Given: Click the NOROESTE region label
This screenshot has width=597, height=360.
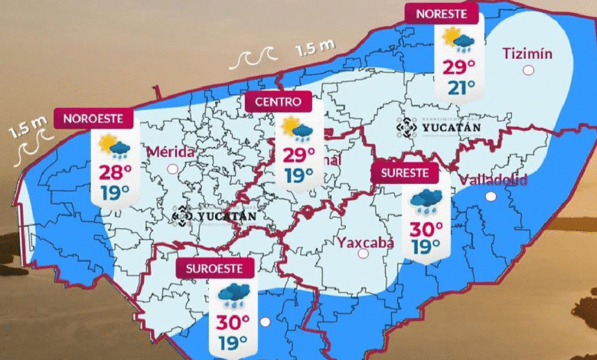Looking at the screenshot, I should [94, 119].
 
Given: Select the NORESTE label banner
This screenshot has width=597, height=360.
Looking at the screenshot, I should [442, 13].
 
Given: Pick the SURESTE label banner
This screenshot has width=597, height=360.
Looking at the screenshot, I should [405, 174].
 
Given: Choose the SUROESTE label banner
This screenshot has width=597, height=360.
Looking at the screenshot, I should [214, 268].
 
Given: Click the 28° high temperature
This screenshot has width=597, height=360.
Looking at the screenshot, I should [115, 170].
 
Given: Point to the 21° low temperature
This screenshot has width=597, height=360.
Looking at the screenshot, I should [462, 87].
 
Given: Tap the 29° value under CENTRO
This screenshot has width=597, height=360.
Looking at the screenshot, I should [298, 155].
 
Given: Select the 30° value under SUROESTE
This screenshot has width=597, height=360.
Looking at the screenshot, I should [233, 321].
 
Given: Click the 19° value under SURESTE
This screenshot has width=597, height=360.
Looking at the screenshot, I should [425, 247].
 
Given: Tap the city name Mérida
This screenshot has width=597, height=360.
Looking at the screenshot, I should [173, 151].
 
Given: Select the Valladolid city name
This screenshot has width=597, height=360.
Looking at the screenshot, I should [493, 179].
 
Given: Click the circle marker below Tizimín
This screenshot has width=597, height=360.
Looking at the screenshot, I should [527, 70].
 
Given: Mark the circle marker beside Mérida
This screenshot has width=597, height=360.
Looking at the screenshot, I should [173, 168].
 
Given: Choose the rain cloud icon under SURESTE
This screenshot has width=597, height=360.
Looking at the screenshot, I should [425, 202].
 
